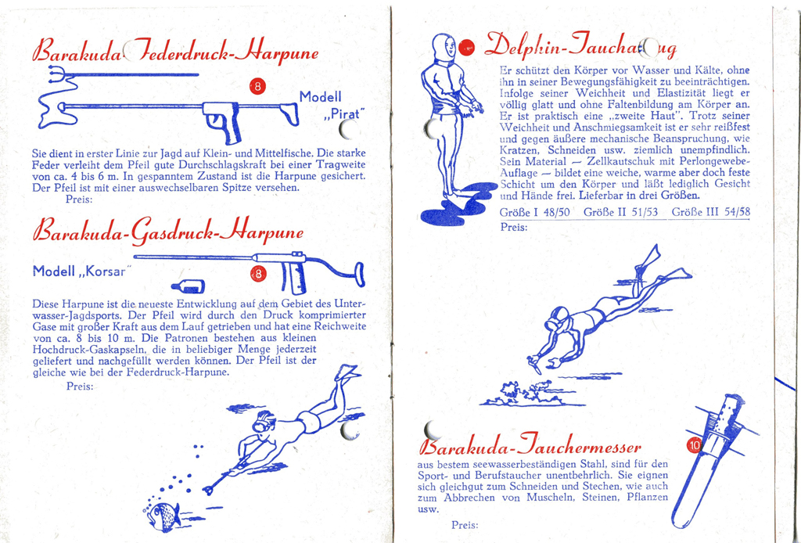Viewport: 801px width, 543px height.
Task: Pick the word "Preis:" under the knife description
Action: [465, 526]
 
